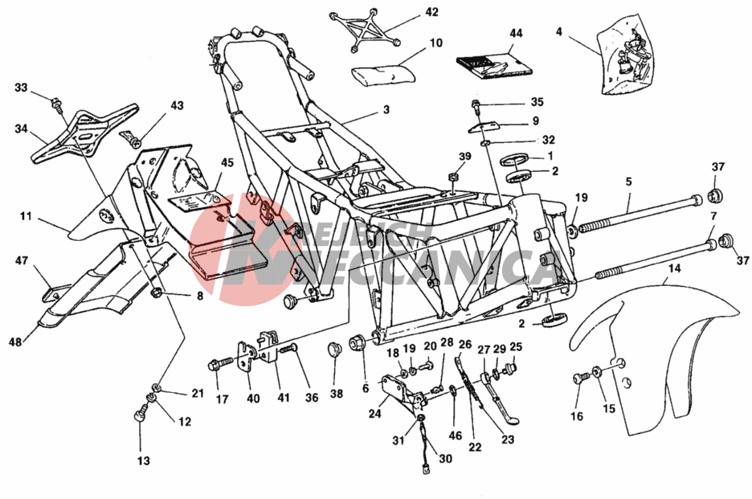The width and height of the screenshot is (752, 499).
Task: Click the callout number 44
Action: (x=516, y=35)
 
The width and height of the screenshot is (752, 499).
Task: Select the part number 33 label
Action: (x=21, y=88)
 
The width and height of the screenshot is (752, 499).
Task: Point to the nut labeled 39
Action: (x=453, y=178)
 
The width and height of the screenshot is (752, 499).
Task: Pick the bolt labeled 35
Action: (x=476, y=104)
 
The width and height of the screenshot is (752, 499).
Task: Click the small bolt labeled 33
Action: (x=56, y=102)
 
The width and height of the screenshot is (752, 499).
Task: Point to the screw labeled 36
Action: (x=290, y=347)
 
